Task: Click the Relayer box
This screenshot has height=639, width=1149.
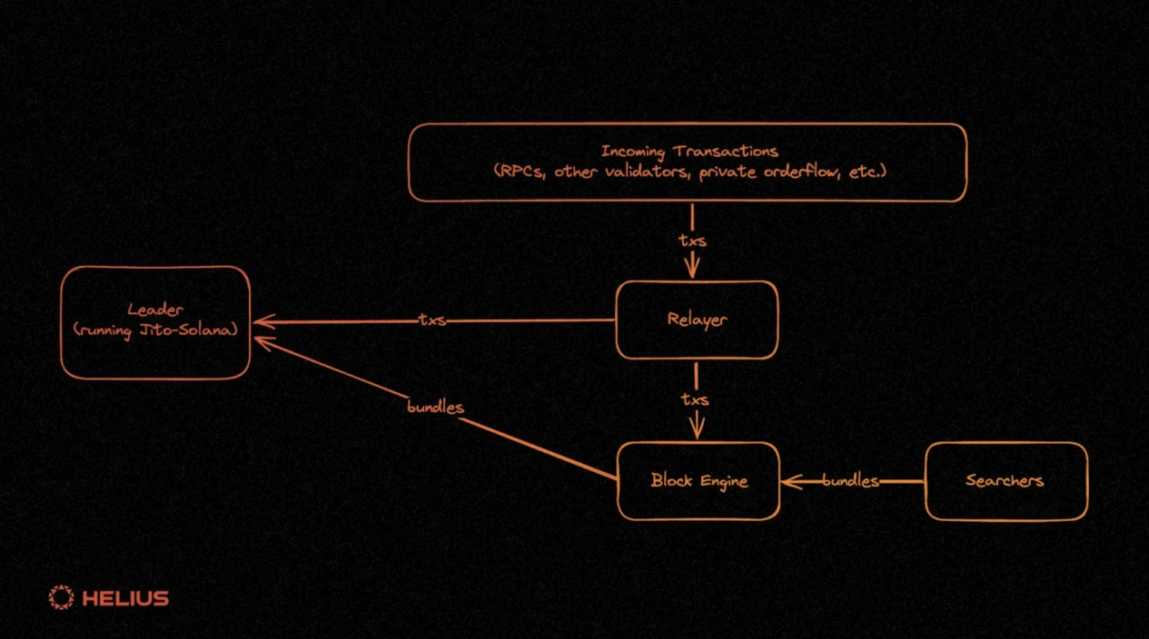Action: pyautogui.click(x=697, y=319)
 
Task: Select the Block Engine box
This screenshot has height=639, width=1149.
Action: pyautogui.click(x=698, y=481)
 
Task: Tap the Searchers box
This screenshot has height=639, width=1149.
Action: pyautogui.click(x=1005, y=481)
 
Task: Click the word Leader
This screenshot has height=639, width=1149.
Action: pyautogui.click(x=155, y=310)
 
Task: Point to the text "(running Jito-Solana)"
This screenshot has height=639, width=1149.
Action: pyautogui.click(x=155, y=329)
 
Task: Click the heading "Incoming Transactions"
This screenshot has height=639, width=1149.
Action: pyautogui.click(x=688, y=151)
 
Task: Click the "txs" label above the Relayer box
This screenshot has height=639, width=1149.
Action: pyautogui.click(x=692, y=241)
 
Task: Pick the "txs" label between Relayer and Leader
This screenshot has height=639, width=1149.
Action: pyautogui.click(x=431, y=319)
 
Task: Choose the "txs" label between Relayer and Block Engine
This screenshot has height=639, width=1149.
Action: pyautogui.click(x=696, y=398)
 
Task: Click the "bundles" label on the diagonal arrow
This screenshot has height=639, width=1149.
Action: pyautogui.click(x=435, y=407)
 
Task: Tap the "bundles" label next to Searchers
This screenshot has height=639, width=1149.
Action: pyautogui.click(x=850, y=481)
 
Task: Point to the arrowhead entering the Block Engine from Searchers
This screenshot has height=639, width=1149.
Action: pyautogui.click(x=789, y=481)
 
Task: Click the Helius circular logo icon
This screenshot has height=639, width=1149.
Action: pyautogui.click(x=61, y=597)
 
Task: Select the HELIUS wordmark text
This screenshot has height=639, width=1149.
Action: pyautogui.click(x=125, y=598)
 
